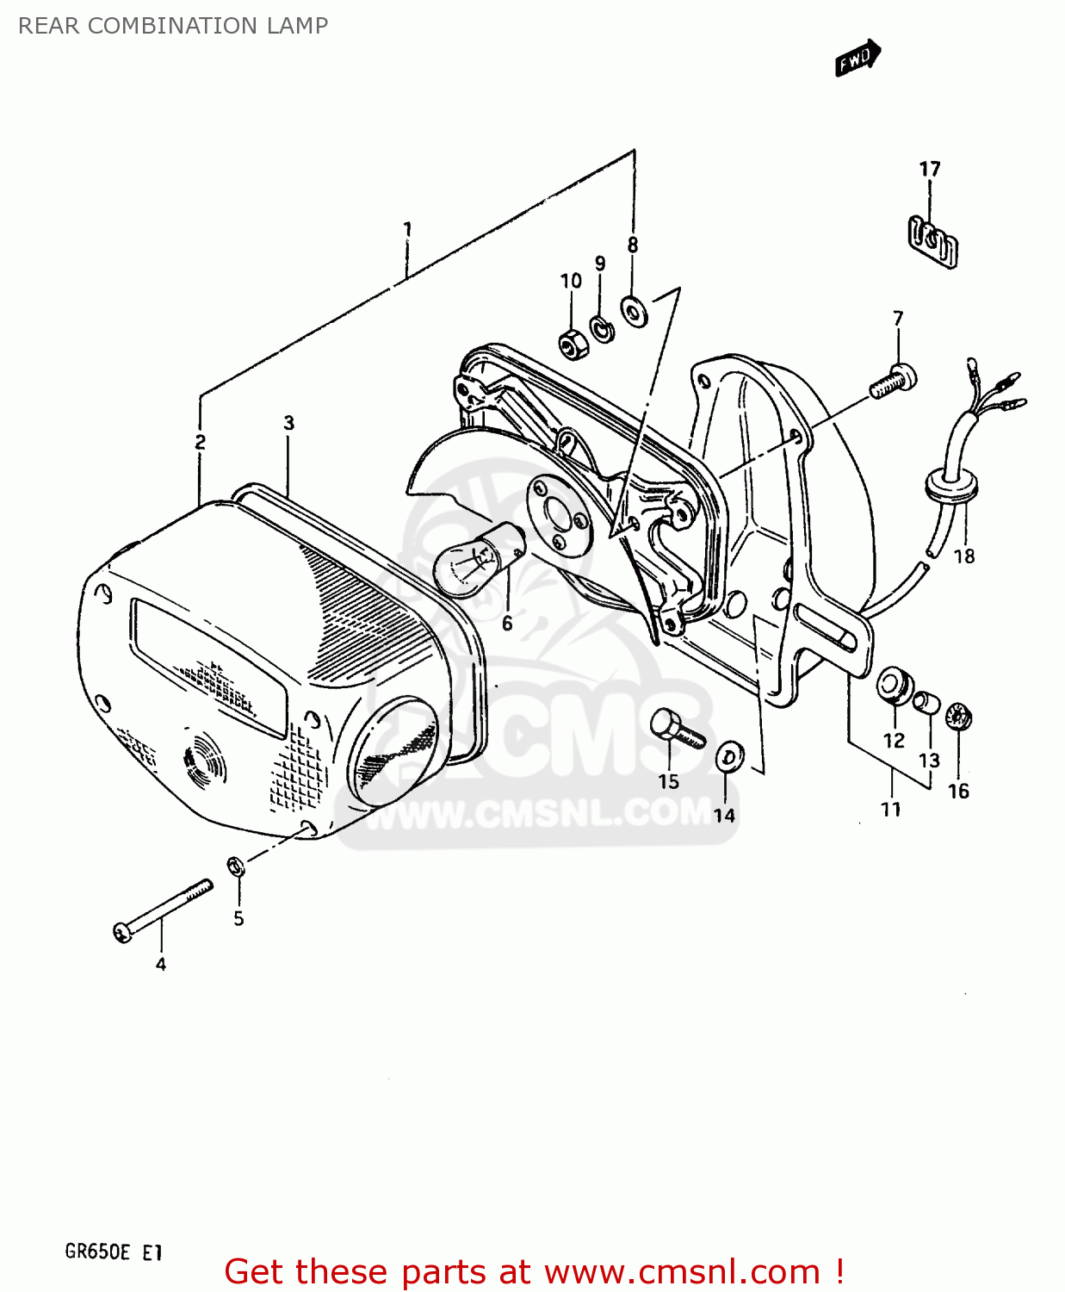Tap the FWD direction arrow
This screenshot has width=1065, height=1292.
[858, 59]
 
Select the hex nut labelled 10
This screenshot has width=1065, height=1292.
[573, 344]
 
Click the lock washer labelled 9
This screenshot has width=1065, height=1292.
[602, 328]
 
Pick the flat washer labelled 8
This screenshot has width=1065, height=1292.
[635, 310]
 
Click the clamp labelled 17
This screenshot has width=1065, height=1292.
[933, 241]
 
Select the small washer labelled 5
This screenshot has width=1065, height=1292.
[236, 866]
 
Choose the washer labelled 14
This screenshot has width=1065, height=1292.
[730, 758]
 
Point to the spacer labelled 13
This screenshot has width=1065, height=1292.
[926, 702]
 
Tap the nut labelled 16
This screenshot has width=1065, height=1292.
[957, 717]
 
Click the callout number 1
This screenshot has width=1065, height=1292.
[407, 229]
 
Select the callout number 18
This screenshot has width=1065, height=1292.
[964, 556]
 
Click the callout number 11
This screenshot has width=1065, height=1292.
[890, 809]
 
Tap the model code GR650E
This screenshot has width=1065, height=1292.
[96, 1252]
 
